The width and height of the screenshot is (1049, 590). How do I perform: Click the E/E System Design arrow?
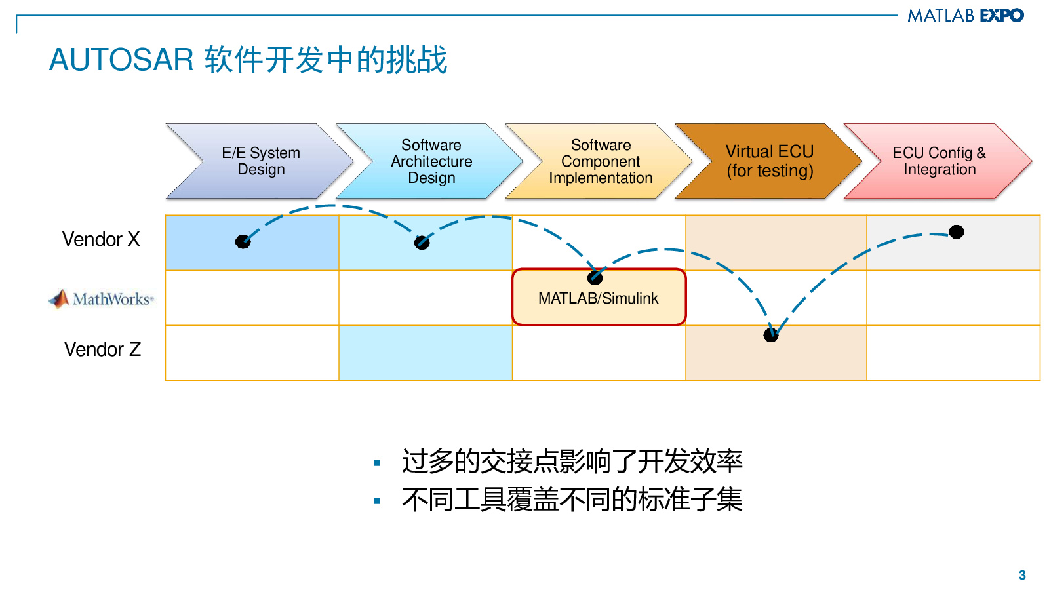tap(261, 161)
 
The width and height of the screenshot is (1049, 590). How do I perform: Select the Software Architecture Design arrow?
tap(431, 161)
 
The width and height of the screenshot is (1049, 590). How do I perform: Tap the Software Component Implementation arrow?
tap(601, 161)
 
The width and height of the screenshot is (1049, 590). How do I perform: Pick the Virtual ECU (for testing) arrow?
tap(770, 161)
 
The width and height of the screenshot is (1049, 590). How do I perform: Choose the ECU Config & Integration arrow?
tap(939, 161)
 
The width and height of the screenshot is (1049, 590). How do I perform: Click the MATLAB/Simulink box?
tap(599, 299)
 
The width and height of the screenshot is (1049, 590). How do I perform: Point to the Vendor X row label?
tap(101, 239)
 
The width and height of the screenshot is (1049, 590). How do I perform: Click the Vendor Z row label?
tap(102, 349)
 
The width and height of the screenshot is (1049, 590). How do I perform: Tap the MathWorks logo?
tap(101, 299)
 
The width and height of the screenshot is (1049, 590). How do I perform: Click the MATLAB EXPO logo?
tap(965, 15)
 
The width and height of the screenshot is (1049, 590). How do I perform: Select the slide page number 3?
tap(1022, 575)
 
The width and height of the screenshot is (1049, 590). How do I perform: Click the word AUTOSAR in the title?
tap(122, 60)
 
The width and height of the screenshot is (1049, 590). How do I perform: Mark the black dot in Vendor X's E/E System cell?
tap(243, 241)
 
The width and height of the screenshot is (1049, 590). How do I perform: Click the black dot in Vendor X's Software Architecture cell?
tap(422, 243)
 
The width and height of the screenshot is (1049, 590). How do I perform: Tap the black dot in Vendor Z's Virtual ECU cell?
tap(771, 335)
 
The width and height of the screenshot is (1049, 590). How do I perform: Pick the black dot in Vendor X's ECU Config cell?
tap(957, 231)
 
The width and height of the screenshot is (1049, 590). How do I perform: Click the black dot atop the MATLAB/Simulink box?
tap(595, 277)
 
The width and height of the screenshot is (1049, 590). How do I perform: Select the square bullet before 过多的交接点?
tap(377, 463)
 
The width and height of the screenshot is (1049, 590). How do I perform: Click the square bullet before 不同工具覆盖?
tap(377, 501)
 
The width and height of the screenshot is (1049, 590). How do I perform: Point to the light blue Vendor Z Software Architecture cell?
tap(426, 353)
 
